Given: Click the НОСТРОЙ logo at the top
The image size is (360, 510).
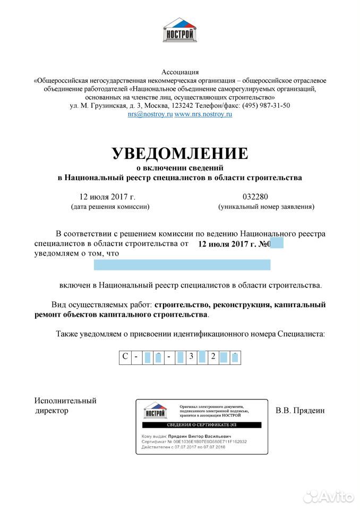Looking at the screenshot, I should pos(180,30).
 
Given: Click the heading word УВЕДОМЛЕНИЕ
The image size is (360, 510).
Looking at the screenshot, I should pos(180,153).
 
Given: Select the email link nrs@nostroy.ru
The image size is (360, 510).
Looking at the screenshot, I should pos(150,114).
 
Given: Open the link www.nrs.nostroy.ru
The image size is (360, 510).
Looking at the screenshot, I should pos(203,114).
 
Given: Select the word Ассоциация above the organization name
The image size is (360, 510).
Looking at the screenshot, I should pos(180,72).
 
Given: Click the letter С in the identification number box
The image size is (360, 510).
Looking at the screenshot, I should pos(125,356).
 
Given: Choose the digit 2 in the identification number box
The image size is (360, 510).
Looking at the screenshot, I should pos(213,356).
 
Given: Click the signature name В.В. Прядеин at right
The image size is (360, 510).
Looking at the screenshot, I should pos(299,410).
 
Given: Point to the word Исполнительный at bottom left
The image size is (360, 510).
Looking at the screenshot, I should pos(65,401).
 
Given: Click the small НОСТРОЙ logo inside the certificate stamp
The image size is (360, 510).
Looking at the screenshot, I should pos(155,410).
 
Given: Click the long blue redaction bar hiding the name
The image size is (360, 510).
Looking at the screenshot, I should pos(182,265).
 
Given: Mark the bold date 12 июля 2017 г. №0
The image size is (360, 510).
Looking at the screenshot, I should pos(234,244).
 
